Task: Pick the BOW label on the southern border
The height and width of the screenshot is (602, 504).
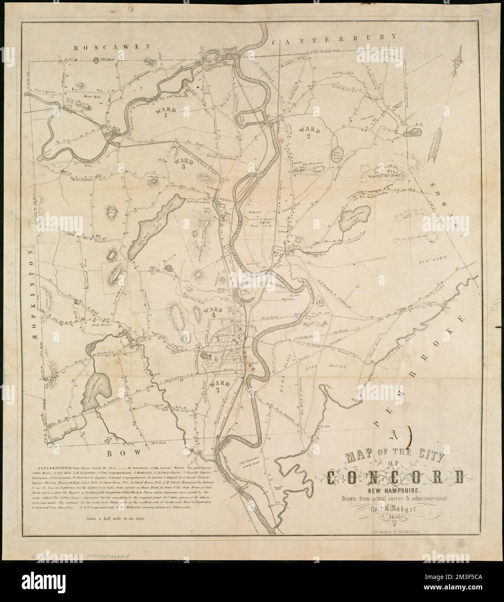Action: click(123, 452)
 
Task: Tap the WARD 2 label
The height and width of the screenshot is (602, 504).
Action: click(309, 133)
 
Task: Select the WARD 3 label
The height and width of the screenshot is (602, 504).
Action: click(184, 163)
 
